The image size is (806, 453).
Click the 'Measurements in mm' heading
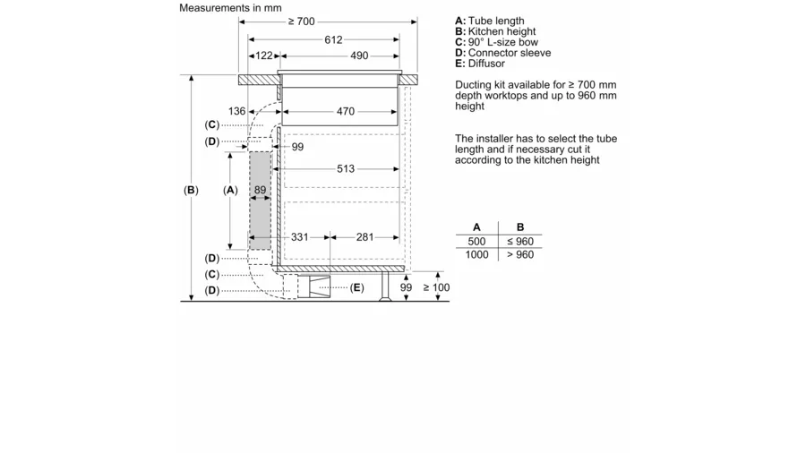coord(230,8)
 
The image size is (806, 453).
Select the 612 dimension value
coord(334,39)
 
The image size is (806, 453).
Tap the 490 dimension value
coord(359,56)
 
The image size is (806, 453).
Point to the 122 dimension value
coord(263,56)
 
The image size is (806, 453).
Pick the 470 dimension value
coord(346,112)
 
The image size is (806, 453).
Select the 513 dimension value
coord(346,168)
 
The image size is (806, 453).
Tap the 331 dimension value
coord(299,237)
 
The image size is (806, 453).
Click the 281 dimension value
coord(365,237)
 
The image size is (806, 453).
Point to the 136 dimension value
coord(236,112)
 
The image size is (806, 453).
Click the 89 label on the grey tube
coord(260,191)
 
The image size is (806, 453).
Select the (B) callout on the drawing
coord(191,191)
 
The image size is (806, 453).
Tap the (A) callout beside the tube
coord(230,191)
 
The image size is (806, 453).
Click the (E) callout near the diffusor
coord(357,287)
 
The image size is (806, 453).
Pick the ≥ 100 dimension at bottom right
coord(436,287)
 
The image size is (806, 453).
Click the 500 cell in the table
coord(476,242)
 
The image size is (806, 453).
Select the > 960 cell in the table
coord(520,255)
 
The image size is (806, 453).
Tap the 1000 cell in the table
coord(476,255)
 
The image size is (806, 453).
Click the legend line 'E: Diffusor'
coord(480,64)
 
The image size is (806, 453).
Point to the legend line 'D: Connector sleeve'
coord(502,53)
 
